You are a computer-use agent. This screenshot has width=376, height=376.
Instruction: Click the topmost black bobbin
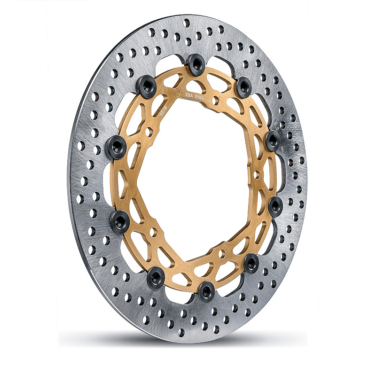[195, 63]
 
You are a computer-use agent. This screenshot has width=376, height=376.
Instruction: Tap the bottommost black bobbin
[206, 291]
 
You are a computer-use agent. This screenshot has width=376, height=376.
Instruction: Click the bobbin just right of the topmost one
[243, 86]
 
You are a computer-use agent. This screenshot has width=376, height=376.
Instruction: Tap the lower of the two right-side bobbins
[275, 205]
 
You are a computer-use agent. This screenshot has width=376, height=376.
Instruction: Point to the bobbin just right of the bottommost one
[251, 261]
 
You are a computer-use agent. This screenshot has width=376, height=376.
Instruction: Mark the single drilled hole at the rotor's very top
[187, 22]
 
